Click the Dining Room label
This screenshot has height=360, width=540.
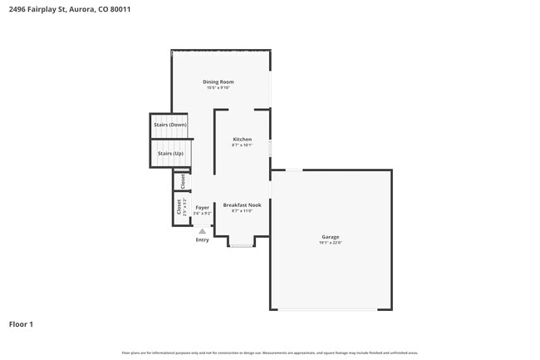[218, 81]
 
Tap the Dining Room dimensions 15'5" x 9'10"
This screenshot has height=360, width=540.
[218, 87]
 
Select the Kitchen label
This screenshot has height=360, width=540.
[242, 139]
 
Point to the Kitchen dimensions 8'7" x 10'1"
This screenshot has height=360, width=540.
[242, 145]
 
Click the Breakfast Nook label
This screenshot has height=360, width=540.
[242, 205]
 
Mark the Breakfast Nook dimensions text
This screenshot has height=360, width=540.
[242, 211]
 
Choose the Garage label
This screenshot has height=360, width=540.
[330, 237]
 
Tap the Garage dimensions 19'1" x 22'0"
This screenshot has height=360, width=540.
[330, 243]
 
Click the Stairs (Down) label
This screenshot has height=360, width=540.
[170, 125]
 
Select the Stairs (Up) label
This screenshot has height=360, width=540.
[170, 153]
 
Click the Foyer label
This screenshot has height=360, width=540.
[202, 207]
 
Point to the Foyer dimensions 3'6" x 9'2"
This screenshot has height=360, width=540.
[202, 214]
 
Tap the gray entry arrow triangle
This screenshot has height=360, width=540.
[202, 231]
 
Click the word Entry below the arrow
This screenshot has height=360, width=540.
[202, 240]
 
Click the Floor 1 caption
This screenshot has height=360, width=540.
[21, 323]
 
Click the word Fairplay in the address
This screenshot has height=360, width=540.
[39, 9]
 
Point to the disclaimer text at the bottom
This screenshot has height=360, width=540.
[269, 353]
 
